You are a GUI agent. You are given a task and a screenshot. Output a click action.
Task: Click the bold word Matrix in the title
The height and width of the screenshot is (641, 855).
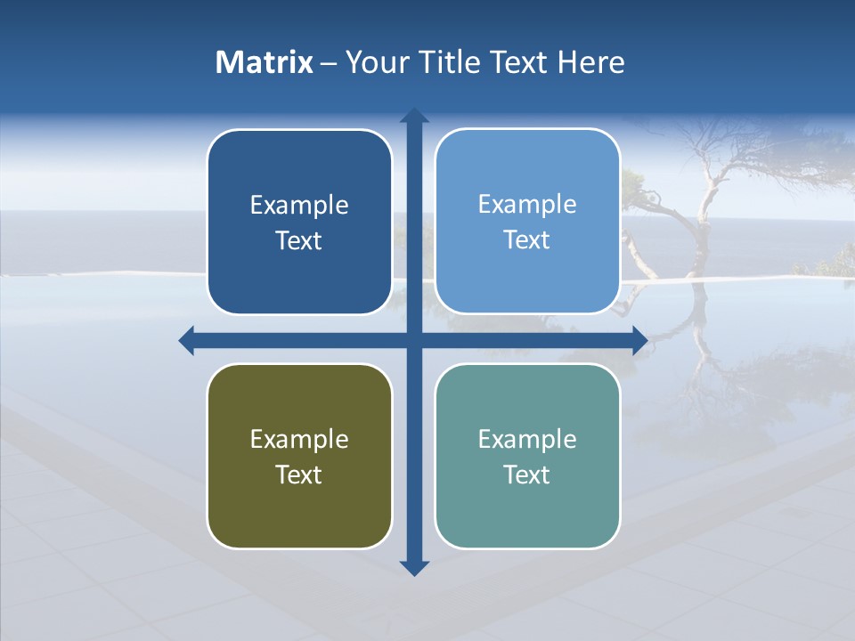265,62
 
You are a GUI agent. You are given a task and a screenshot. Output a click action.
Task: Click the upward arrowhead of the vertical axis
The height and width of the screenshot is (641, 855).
414,115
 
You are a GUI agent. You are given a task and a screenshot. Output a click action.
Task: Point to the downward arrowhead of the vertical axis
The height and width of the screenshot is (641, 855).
414,567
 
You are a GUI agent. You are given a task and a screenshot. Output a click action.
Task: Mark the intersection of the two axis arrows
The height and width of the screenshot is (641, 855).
414,340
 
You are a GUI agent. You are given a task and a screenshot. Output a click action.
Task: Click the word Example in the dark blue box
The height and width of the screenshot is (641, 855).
299,206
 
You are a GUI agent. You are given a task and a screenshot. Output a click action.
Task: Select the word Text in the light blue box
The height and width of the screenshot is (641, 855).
527,240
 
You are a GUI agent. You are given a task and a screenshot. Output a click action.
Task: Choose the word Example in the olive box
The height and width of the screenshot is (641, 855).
299,440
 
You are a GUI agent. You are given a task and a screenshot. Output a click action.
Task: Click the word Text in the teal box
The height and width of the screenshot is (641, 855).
527,475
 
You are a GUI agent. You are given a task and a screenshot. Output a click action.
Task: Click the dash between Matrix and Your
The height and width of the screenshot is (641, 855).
329,63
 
